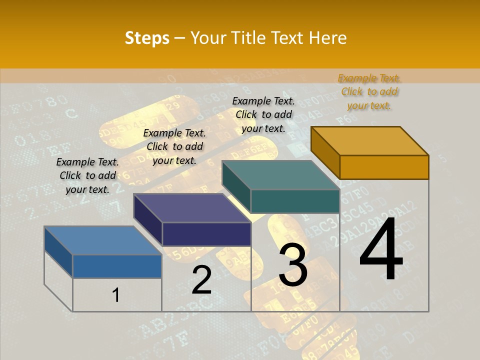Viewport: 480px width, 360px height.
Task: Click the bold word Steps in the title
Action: point(147,38)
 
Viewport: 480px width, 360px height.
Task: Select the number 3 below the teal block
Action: point(293,265)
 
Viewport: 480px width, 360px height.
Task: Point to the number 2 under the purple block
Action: point(201,280)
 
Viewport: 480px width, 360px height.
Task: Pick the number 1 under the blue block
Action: point(115,295)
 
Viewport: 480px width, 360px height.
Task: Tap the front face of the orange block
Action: point(384,167)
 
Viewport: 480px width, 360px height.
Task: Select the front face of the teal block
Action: point(295,201)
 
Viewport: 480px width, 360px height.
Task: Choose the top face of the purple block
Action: point(192,208)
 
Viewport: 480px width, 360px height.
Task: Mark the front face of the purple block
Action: point(206,234)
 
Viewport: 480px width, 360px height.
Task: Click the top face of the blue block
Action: point(103,240)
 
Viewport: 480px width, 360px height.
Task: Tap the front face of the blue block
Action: point(117,266)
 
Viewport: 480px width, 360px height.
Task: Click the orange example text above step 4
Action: point(369,92)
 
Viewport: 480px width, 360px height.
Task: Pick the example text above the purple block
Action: point(174,146)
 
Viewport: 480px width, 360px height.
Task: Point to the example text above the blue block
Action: point(87,175)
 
